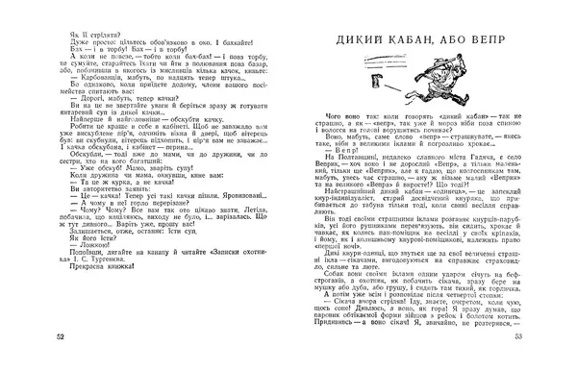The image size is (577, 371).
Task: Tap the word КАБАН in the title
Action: coord(419,43)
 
